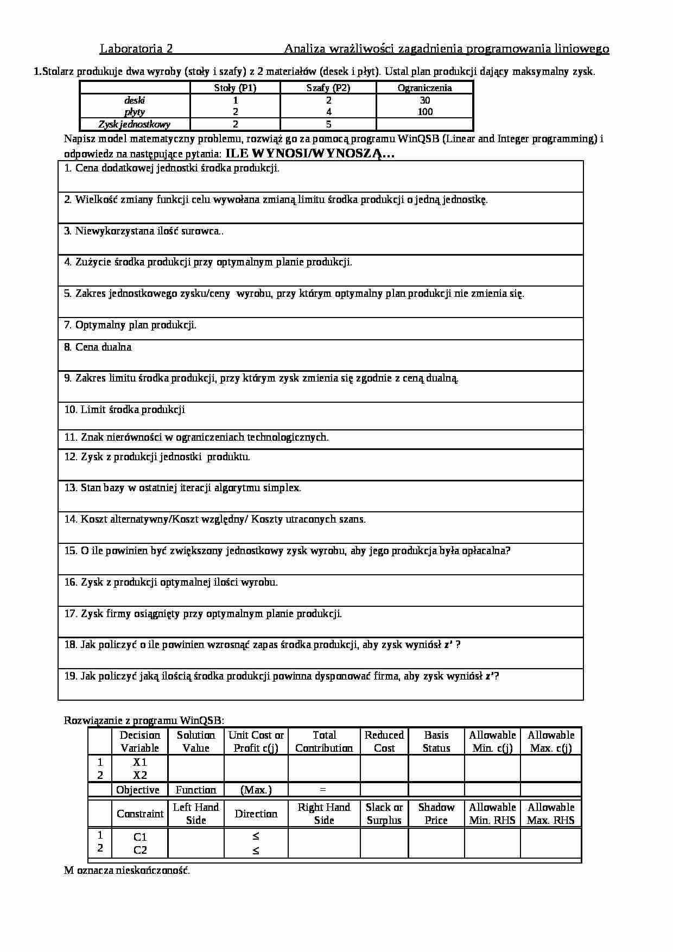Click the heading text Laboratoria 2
pyautogui.click(x=136, y=49)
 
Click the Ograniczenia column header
pyautogui.click(x=424, y=88)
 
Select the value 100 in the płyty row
pyautogui.click(x=425, y=112)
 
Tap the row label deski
pyautogui.click(x=135, y=100)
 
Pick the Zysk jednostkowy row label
pyautogui.click(x=135, y=124)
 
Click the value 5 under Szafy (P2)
pyautogui.click(x=328, y=124)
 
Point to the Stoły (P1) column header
pyautogui.click(x=235, y=88)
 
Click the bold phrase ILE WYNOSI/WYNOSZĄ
pyautogui.click(x=310, y=154)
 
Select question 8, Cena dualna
pyautogui.click(x=98, y=347)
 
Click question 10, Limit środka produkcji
pyautogui.click(x=125, y=410)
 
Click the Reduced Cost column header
pyautogui.click(x=384, y=741)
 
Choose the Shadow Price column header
pyautogui.click(x=436, y=814)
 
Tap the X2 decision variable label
pyautogui.click(x=140, y=776)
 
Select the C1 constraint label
pyautogui.click(x=140, y=837)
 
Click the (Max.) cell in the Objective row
pyautogui.click(x=256, y=790)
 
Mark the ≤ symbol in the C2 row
pyautogui.click(x=256, y=851)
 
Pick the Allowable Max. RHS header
pyautogui.click(x=550, y=814)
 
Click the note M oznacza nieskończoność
pyautogui.click(x=127, y=871)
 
